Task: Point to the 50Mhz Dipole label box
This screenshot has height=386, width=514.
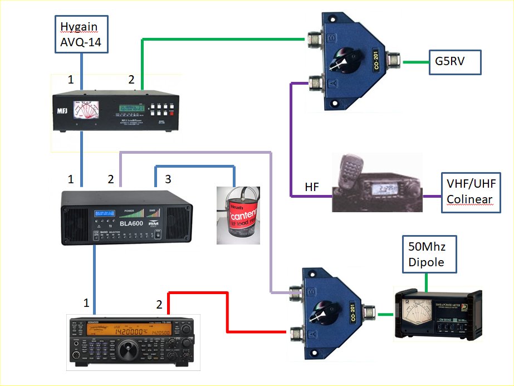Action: pos(427,254)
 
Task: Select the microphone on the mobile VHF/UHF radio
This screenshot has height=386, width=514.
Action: pos(349,170)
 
